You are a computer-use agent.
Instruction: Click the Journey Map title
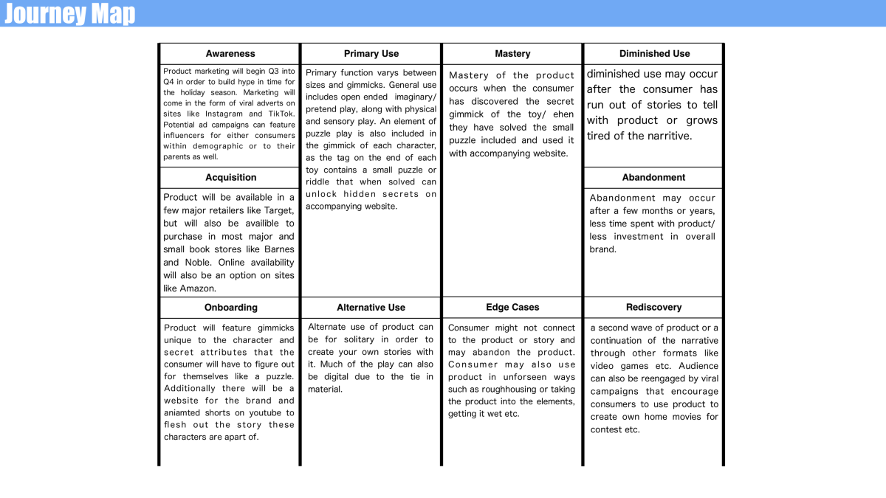point(70,13)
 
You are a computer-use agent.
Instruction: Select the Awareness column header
point(230,54)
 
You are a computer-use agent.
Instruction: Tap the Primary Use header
point(371,54)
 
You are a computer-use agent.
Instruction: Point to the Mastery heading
point(512,54)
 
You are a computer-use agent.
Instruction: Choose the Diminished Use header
point(654,54)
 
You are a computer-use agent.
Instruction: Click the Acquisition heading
point(230,178)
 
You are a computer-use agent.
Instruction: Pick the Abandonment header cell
point(654,178)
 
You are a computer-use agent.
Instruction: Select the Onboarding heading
point(230,308)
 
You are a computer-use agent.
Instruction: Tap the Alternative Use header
point(371,308)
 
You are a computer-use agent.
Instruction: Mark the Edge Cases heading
point(512,308)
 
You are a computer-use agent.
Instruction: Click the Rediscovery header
point(654,308)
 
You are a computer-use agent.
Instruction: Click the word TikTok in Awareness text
point(281,114)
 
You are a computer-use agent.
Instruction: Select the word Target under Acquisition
point(279,210)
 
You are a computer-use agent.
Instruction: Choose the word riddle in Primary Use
point(320,182)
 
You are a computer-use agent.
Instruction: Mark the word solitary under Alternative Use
point(356,340)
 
